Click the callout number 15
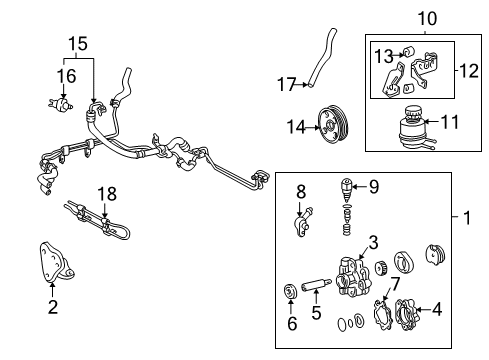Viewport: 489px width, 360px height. pos(77,44)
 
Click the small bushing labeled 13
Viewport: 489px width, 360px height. pos(410,54)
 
